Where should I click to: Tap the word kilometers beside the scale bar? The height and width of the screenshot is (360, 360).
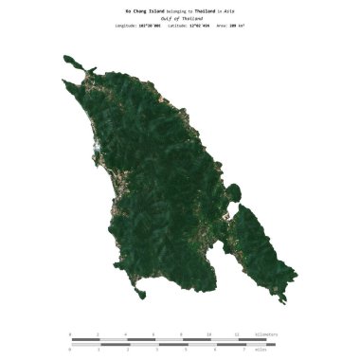click(265, 334)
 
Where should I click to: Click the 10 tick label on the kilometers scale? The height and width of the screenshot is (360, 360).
click(209, 334)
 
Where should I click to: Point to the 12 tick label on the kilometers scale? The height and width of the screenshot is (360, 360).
click(237, 334)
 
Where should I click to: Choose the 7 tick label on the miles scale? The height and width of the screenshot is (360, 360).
click(243, 350)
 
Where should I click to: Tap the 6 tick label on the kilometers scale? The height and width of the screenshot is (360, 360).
click(153, 334)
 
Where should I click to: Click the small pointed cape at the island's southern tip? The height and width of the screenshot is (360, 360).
click(139, 299)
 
